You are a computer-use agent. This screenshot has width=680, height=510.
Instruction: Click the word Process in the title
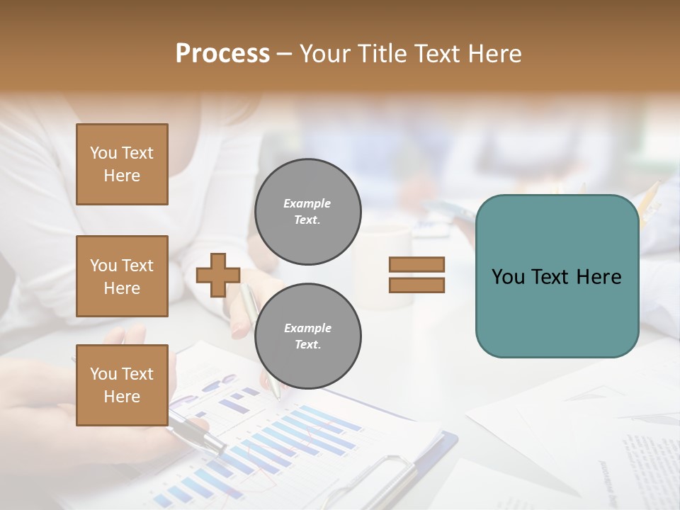[x=222, y=54]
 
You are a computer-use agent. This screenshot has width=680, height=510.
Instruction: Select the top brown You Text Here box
[x=122, y=164]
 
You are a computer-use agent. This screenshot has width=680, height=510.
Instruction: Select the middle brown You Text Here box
[x=122, y=276]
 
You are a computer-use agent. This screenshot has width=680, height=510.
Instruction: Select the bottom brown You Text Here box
[x=122, y=385]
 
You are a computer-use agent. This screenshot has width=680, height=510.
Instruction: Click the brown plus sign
[x=218, y=275]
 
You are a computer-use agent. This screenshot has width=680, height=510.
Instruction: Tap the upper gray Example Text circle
[x=307, y=211]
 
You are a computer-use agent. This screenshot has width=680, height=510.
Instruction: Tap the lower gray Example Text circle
[x=307, y=336]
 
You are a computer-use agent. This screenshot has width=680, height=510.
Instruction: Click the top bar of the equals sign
[x=416, y=264]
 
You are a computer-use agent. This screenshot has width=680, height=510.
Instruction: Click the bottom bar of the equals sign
[x=416, y=285]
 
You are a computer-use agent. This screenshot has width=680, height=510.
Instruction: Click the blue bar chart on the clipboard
[x=283, y=439]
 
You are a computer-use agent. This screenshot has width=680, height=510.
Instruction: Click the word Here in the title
[x=494, y=54]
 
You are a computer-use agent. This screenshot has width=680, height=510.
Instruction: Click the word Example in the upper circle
[x=307, y=203]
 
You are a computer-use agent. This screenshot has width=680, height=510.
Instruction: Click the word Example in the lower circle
[x=307, y=328]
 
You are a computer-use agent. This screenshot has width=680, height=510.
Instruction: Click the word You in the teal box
[x=508, y=277]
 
